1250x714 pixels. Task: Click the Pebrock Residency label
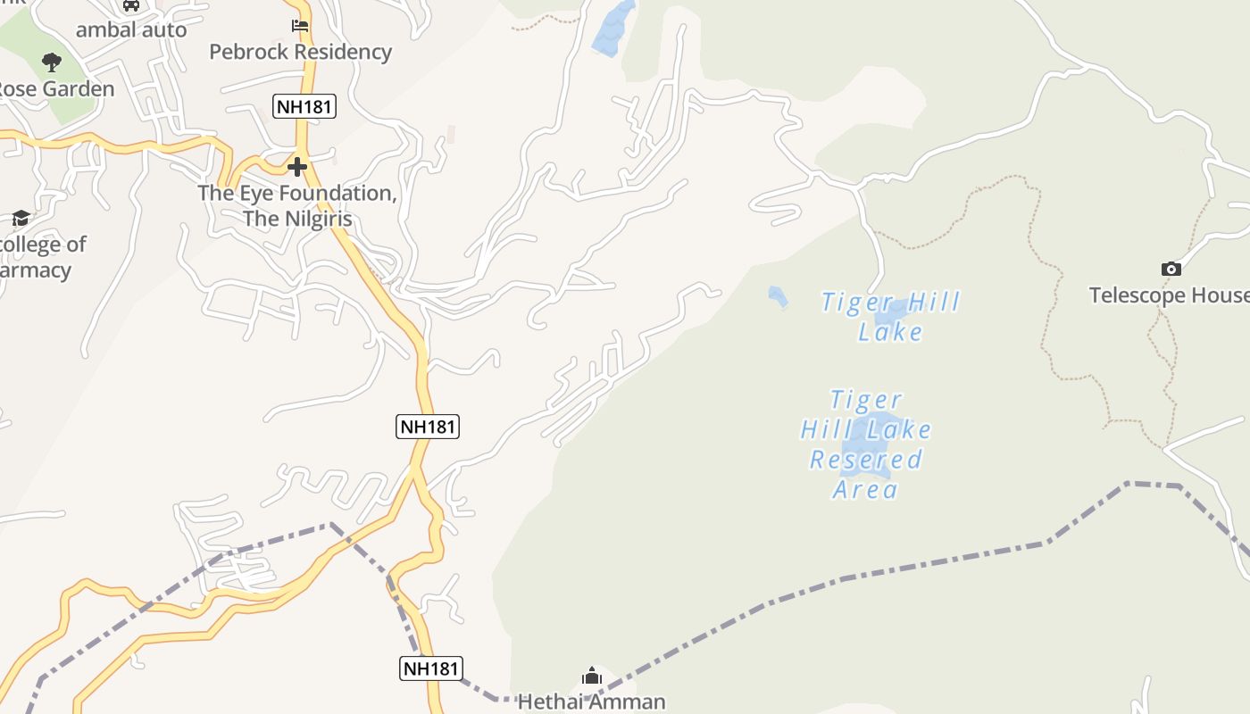(x=300, y=52)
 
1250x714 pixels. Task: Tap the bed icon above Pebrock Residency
(x=300, y=26)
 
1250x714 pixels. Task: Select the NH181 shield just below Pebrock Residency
(x=304, y=107)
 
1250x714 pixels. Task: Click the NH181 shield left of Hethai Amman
(x=430, y=668)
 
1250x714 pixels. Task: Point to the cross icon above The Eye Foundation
(x=297, y=167)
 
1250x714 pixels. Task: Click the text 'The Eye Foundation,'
(x=297, y=193)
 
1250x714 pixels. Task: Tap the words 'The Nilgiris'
(x=297, y=219)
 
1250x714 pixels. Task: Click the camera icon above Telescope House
(x=1171, y=269)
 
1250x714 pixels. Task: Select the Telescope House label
(x=1168, y=295)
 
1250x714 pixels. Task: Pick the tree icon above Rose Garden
(x=52, y=62)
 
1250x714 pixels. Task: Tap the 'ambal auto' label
(x=131, y=29)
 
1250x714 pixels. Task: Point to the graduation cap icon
(x=21, y=218)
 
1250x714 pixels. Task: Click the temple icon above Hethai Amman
(x=592, y=677)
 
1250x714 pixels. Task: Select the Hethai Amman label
(x=592, y=702)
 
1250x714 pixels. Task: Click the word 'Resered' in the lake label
(x=865, y=460)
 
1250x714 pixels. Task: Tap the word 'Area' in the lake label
(x=865, y=489)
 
